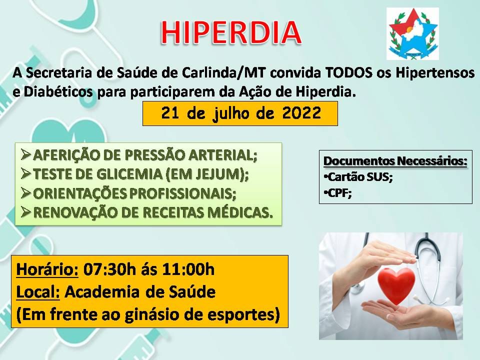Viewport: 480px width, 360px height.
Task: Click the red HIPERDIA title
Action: pos(231,33)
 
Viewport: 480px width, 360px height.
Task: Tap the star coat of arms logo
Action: pos(412,33)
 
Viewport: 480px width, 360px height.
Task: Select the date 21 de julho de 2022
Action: pos(240,113)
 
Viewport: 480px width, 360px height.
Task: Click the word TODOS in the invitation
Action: pos(348,73)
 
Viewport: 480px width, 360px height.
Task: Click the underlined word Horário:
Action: pos(47,269)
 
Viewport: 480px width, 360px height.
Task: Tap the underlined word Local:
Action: pos(38,292)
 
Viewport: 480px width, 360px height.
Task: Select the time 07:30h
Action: pos(109,269)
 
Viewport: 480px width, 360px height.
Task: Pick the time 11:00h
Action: pos(188,269)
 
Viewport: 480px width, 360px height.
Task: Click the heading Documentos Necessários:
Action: pos(395,161)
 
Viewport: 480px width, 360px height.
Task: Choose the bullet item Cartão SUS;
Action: pos(358,177)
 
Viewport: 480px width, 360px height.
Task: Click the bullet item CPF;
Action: pos(337,193)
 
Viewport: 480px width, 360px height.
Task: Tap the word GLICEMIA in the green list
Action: pos(129,174)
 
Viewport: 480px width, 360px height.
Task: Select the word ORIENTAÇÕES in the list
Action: pos(79,193)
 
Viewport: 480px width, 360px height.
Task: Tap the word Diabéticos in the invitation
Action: pos(58,92)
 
